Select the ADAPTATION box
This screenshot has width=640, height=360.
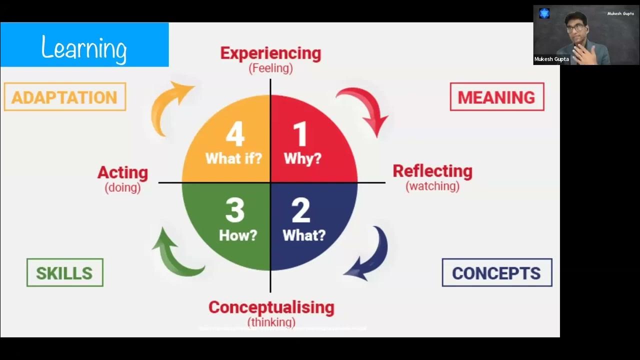pyautogui.click(x=64, y=97)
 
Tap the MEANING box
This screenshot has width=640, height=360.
pyautogui.click(x=496, y=97)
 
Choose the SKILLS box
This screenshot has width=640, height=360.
pyautogui.click(x=64, y=273)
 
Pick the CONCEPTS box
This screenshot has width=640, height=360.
pyautogui.click(x=496, y=273)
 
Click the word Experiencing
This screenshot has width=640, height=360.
pyautogui.click(x=270, y=53)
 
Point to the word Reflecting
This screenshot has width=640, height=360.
pyautogui.click(x=432, y=171)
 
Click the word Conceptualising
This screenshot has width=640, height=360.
pyautogui.click(x=271, y=307)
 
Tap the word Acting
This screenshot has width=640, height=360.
pyautogui.click(x=122, y=172)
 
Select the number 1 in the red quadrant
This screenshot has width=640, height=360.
pyautogui.click(x=299, y=134)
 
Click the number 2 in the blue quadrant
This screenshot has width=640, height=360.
pyautogui.click(x=301, y=210)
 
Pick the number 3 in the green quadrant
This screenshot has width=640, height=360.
pyautogui.click(x=235, y=210)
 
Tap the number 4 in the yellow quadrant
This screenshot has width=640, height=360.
pyautogui.click(x=235, y=134)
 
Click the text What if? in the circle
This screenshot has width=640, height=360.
pyautogui.click(x=233, y=158)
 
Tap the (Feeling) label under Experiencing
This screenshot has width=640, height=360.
pyautogui.click(x=270, y=68)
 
